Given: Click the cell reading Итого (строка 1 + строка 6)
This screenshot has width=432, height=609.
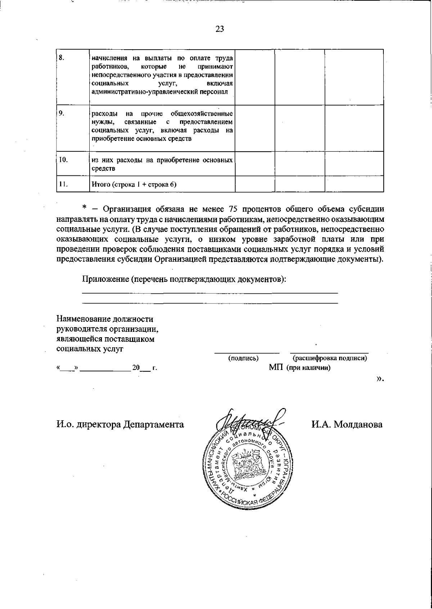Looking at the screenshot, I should point(135,185).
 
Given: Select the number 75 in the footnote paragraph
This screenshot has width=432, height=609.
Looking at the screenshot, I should point(233,209).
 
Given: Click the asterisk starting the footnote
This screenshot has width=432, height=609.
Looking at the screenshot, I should point(85,208).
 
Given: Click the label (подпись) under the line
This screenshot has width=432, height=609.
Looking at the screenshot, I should point(244,358).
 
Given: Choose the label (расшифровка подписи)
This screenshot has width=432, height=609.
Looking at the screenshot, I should point(330,358).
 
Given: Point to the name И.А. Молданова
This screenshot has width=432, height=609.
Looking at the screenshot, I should point(347,424).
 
